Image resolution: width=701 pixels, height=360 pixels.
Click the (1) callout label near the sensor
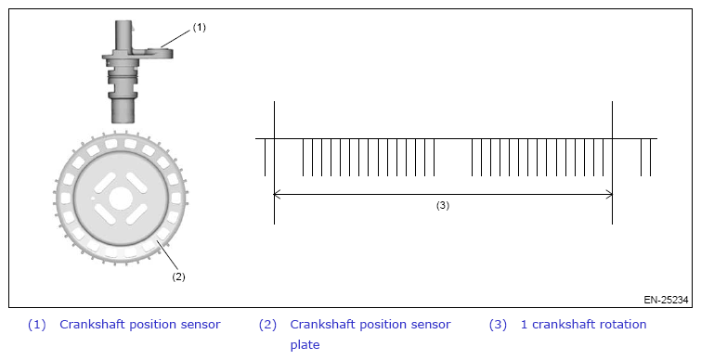[x=199, y=27]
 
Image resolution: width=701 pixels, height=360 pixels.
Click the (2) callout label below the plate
[x=178, y=276]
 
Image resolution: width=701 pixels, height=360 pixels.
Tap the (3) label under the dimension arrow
[x=443, y=205]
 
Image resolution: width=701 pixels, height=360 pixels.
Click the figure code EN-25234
[x=666, y=300]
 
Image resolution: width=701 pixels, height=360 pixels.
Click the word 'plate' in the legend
[x=305, y=345]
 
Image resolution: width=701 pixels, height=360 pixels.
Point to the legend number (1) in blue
[x=36, y=325]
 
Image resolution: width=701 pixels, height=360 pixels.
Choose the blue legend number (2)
[x=267, y=325]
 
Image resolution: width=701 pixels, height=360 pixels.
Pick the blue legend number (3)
[x=498, y=325]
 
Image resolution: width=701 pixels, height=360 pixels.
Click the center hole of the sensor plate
[x=120, y=199]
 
